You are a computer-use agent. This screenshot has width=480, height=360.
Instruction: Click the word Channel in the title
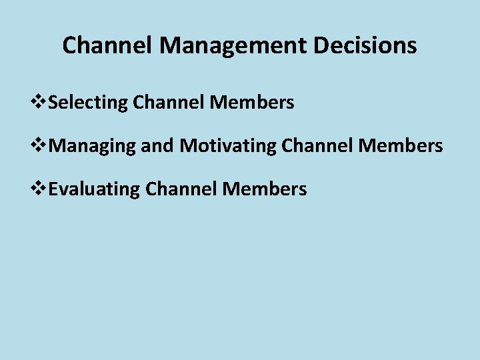pyautogui.click(x=108, y=45)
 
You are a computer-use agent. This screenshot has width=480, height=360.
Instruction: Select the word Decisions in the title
pyautogui.click(x=375, y=45)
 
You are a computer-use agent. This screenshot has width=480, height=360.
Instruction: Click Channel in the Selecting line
pyautogui.click(x=169, y=103)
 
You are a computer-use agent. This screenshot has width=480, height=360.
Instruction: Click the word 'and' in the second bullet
pyautogui.click(x=157, y=145)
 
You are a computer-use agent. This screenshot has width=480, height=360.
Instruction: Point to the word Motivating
pyautogui.click(x=227, y=146)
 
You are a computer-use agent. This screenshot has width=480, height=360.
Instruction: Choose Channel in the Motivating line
pyautogui.click(x=318, y=145)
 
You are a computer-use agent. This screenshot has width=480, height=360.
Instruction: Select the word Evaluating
pyautogui.click(x=94, y=189)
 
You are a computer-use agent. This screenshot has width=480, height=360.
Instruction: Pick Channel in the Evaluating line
pyautogui.click(x=182, y=189)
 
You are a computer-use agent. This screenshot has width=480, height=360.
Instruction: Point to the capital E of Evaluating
pyautogui.click(x=54, y=189)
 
